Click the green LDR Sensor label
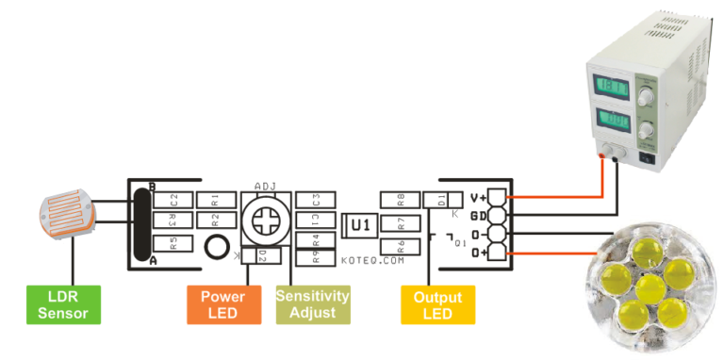[63, 303]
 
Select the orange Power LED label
[223, 303]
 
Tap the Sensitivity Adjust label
[312, 303]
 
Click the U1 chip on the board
[359, 225]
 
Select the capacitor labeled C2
[174, 199]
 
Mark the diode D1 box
[439, 199]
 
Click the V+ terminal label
[479, 199]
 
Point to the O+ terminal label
[479, 252]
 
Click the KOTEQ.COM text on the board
[372, 259]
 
